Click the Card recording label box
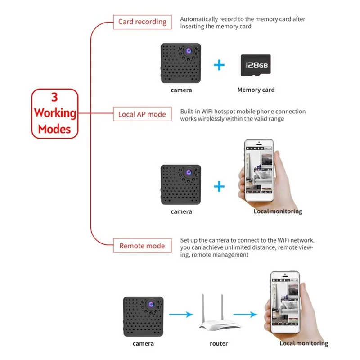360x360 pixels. tap(142, 22)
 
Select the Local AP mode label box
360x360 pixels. tap(142, 114)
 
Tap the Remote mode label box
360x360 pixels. tap(142, 246)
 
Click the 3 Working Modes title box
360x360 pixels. tap(55, 114)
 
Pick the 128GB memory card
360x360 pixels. tap(256, 65)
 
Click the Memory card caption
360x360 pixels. tap(256, 90)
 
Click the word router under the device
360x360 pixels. tap(219, 343)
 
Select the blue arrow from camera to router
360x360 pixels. tap(181, 314)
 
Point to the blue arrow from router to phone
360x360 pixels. tap(245, 314)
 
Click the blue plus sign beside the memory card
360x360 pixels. tap(219, 65)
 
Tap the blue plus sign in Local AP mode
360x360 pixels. tap(219, 186)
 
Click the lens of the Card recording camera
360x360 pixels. tap(189, 51)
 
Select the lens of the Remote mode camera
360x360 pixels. tap(151, 305)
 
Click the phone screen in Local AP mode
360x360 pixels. tap(259, 171)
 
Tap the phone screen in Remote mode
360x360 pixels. tap(285, 302)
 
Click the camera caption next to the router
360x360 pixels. tap(143, 343)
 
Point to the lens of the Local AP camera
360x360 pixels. tap(189, 172)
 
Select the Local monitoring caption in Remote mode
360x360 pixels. tap(304, 343)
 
